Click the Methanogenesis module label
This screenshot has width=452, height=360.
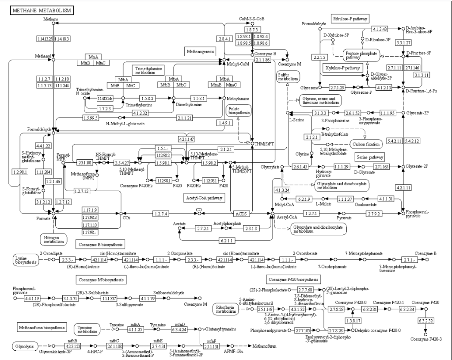coord(200,52)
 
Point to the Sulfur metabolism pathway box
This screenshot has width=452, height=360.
coord(286,76)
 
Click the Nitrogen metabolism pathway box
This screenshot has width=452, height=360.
coord(52,239)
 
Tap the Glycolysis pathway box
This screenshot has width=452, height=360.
coord(25,345)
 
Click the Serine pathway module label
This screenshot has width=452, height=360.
coord(369,157)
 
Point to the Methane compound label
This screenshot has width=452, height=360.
coord(51,19)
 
